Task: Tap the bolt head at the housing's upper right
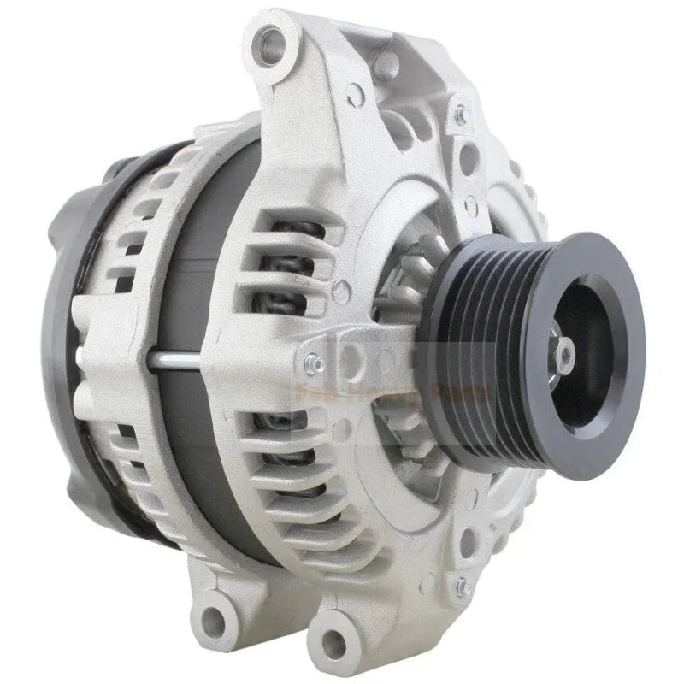click(461, 112)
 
